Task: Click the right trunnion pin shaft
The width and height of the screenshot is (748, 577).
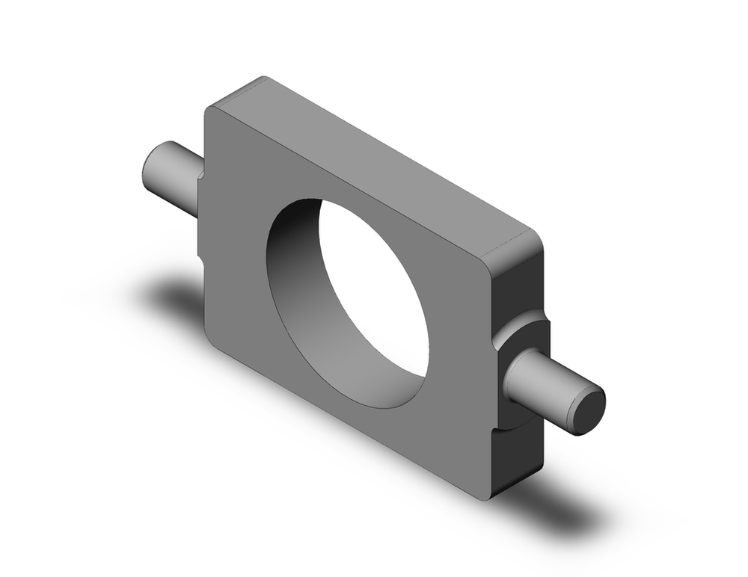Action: [539, 381]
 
